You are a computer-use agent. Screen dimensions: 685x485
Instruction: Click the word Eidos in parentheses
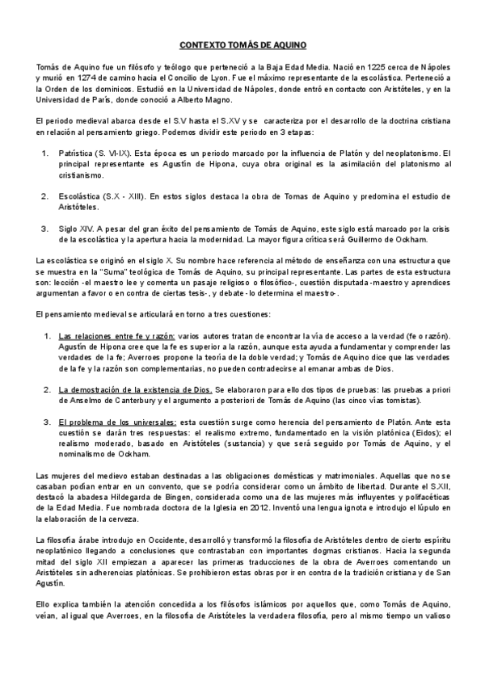(423, 433)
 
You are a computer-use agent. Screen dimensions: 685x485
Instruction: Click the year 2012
(262, 512)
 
